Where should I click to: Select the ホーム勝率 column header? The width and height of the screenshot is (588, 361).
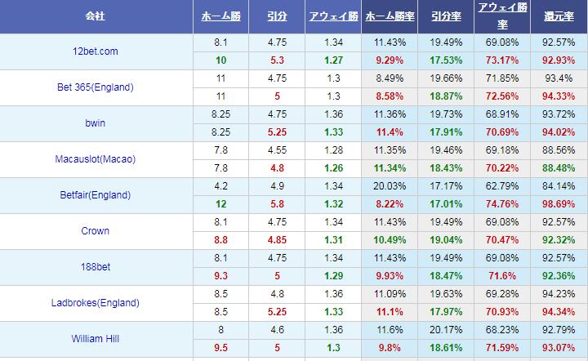pyautogui.click(x=390, y=16)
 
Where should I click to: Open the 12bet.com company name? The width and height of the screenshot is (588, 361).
pyautogui.click(x=95, y=51)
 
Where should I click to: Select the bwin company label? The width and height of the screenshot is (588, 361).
pyautogui.click(x=95, y=123)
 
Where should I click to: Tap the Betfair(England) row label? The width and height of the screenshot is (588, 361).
pyautogui.click(x=95, y=195)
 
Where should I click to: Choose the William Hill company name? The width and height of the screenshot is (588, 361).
pyautogui.click(x=95, y=339)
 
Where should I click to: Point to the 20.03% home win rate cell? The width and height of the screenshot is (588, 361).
pyautogui.click(x=390, y=186)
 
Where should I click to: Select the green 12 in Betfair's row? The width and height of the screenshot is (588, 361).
pyautogui.click(x=221, y=204)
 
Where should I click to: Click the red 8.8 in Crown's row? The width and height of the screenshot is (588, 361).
pyautogui.click(x=221, y=240)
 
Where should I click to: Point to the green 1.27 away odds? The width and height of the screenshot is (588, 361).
pyautogui.click(x=332, y=60)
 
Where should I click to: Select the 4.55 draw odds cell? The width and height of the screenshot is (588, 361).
pyautogui.click(x=277, y=150)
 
